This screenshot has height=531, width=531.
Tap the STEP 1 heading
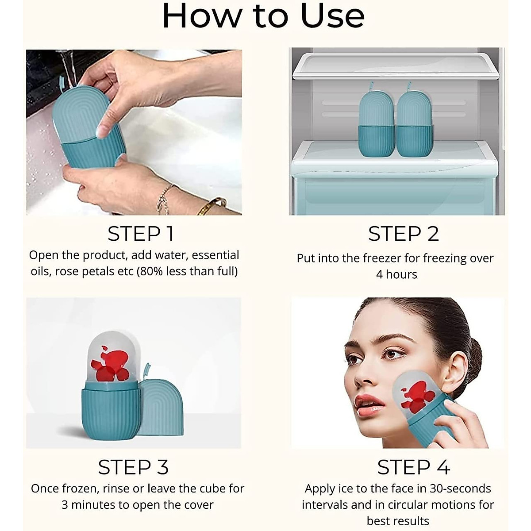141,234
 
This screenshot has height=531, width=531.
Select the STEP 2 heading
403,234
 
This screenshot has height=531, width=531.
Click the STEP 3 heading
133,467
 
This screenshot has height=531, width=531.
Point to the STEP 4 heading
413,467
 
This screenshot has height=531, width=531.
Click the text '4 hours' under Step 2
396,274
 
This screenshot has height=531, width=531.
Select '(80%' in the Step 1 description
150,271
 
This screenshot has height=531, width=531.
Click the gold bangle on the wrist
211,205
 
